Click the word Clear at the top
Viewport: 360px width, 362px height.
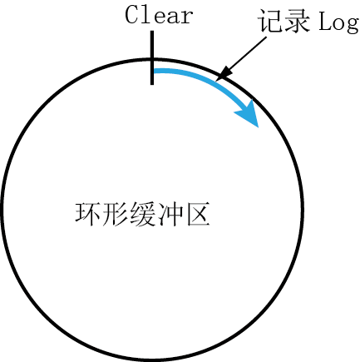(159, 15)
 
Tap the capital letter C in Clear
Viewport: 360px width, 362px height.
(132, 15)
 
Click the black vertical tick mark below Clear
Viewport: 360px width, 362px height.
(152, 57)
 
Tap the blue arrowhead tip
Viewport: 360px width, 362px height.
(259, 127)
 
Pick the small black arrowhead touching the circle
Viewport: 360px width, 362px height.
(224, 73)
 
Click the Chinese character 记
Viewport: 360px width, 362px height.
(269, 21)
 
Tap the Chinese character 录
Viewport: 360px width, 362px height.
(297, 21)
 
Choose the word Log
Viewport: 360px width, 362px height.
(338, 23)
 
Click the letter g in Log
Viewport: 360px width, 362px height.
(353, 26)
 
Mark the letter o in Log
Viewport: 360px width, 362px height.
(338, 23)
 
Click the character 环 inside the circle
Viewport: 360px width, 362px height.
(87, 214)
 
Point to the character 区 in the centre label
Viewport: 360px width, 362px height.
(198, 214)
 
